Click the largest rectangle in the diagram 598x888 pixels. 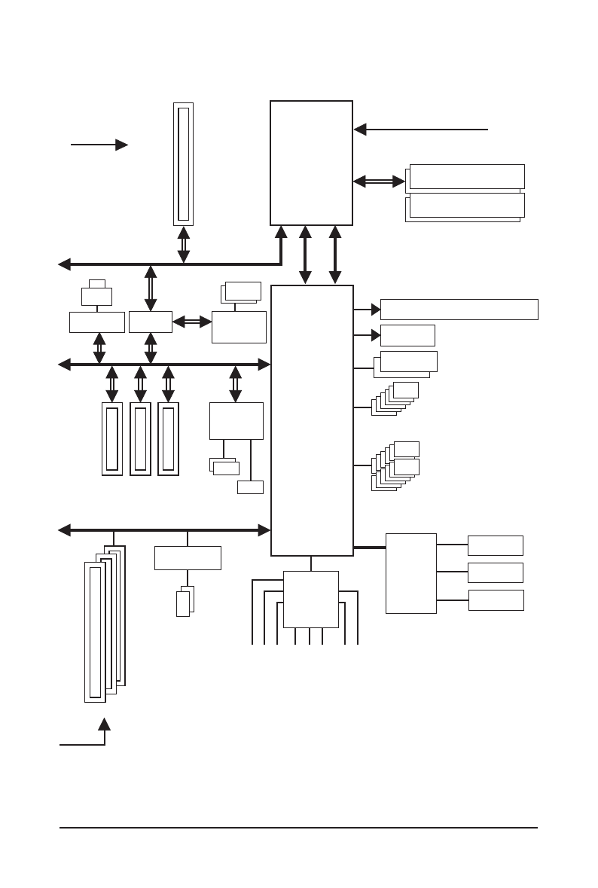[312, 420]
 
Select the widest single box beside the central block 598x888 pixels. [459, 310]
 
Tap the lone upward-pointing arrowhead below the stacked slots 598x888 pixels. [105, 724]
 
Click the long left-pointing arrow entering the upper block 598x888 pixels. [422, 130]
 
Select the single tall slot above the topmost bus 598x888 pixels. [183, 164]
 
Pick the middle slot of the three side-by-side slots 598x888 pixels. [140, 438]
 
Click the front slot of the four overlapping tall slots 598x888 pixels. [95, 632]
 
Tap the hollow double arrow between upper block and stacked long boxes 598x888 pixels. [380, 181]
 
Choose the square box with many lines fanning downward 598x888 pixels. [310, 599]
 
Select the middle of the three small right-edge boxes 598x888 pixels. [495, 572]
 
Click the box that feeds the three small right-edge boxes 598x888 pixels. [410, 573]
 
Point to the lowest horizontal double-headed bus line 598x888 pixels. [164, 530]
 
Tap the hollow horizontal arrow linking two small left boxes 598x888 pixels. [192, 322]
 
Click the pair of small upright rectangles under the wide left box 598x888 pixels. [185, 602]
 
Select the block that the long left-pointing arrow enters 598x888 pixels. [311, 163]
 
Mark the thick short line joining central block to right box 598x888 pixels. [369, 548]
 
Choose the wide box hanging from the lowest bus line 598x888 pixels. [188, 558]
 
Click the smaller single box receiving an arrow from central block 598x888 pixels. [407, 335]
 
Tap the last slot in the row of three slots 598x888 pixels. [168, 438]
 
